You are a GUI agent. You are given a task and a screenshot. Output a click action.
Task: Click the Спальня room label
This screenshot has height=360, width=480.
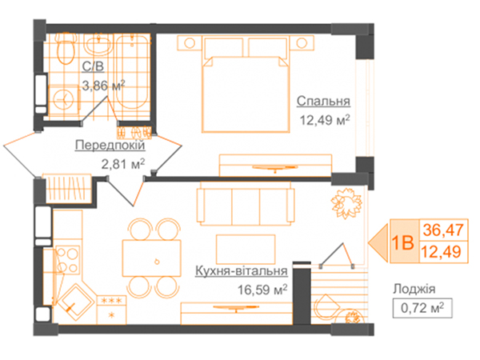tap(323, 101)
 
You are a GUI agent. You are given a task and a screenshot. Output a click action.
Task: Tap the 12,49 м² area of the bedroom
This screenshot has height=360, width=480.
tap(325, 120)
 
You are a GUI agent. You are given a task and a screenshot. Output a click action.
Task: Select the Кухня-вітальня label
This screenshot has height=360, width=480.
tap(242, 271)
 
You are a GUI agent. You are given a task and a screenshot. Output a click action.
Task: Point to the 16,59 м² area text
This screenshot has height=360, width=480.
tap(262, 290)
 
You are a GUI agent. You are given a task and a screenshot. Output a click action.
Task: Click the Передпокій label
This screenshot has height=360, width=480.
tap(110, 145)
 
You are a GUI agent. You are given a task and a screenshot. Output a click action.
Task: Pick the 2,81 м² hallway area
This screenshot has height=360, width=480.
tap(122, 164)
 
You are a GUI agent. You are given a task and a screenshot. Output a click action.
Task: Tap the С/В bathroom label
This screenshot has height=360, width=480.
tap(93, 66)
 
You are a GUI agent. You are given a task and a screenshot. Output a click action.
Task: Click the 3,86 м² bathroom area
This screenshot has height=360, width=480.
tap(103, 86)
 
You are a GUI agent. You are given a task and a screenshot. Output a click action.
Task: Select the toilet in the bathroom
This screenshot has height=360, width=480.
tap(66, 48)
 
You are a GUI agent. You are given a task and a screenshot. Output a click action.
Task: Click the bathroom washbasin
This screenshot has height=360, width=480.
tap(98, 45)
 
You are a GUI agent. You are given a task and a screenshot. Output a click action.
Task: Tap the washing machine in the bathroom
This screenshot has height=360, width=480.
tap(64, 99)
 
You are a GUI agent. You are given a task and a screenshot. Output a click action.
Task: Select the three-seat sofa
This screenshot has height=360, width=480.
tap(246, 203)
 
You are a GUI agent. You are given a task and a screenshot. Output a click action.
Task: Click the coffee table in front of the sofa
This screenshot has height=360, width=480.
tap(246, 249)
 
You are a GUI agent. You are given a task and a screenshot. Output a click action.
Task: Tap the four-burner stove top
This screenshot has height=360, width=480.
tap(67, 260)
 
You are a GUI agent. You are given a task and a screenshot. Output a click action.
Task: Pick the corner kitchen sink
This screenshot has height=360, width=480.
tap(75, 302)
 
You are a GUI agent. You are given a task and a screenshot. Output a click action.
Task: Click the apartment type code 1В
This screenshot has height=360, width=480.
tap(403, 243)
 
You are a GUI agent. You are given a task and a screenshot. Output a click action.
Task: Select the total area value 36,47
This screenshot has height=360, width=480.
tap(443, 230)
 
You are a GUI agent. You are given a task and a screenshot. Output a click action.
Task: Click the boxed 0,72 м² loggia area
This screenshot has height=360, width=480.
tap(422, 308)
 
